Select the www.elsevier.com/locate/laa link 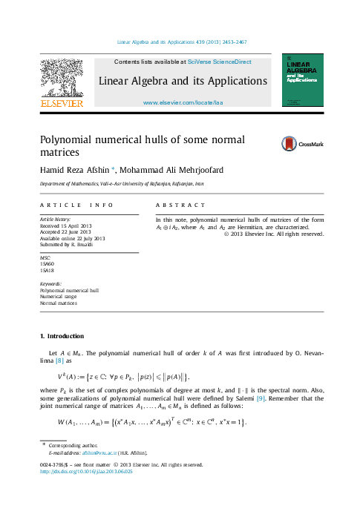tap(183, 103)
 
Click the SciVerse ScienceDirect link tap(220, 62)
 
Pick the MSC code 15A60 tap(48, 263)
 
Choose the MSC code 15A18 tap(48, 270)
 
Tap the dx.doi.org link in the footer tap(85, 471)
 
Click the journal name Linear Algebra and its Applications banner tap(183, 80)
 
